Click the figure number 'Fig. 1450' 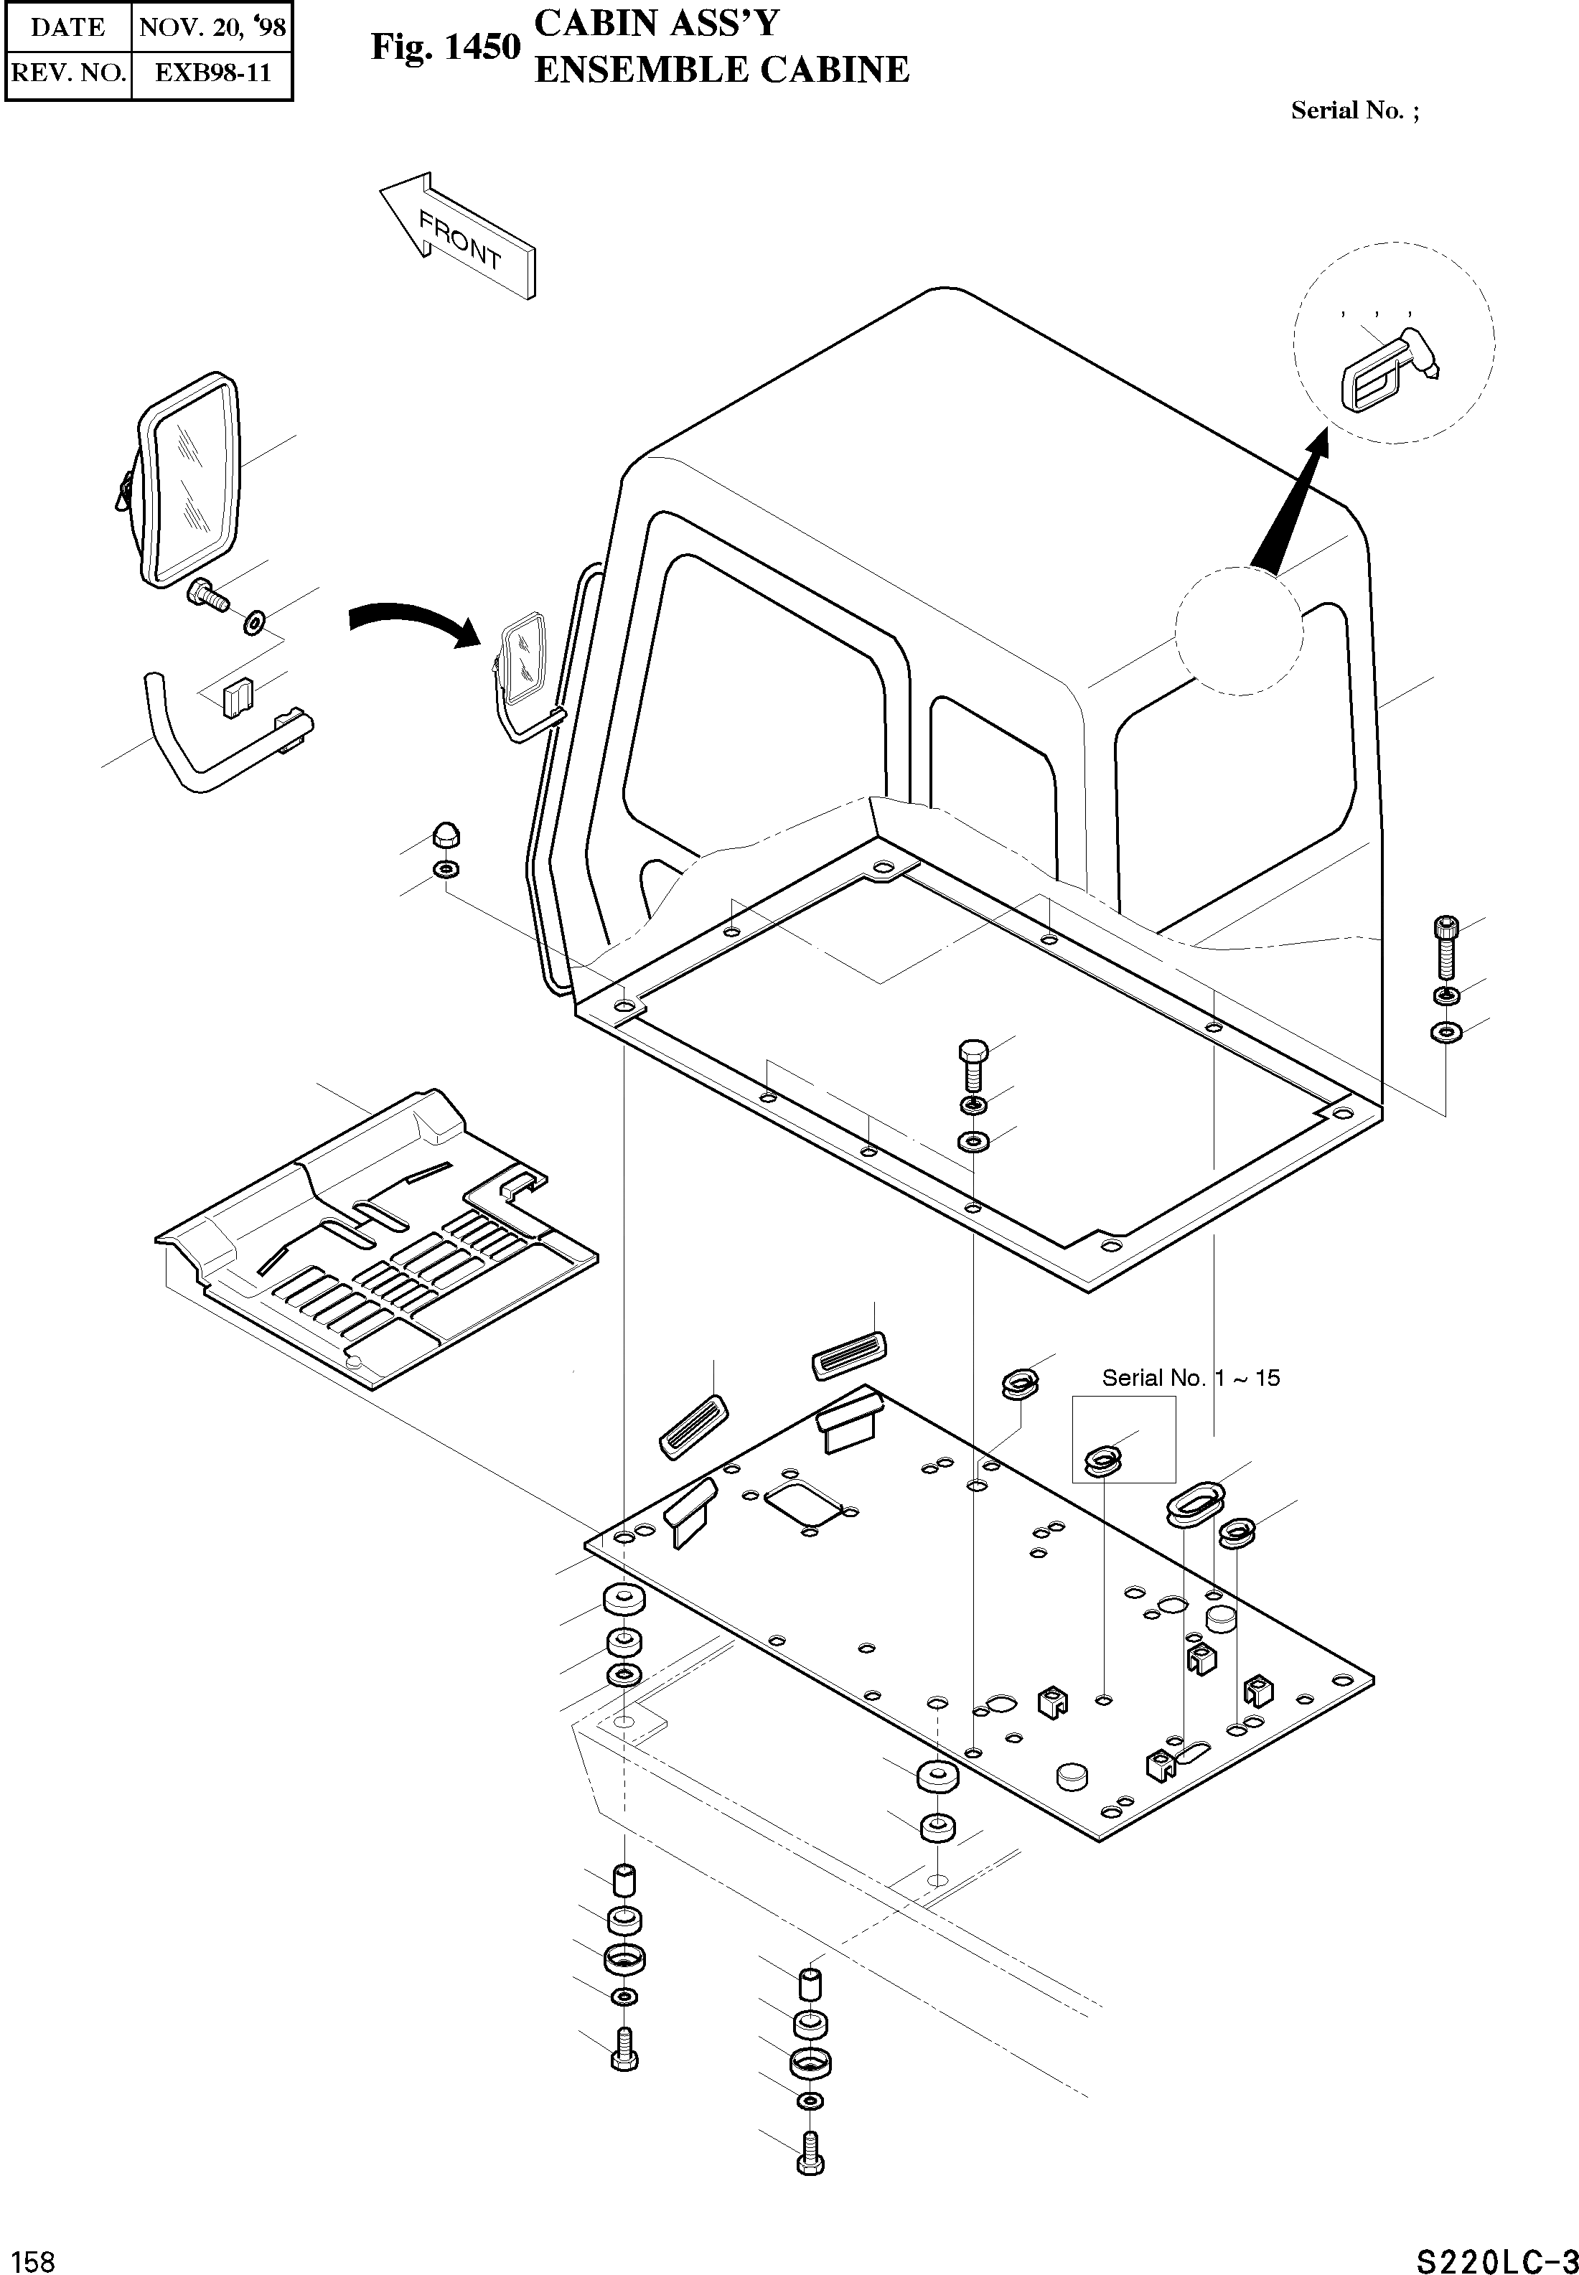(445, 47)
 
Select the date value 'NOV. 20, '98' (212, 27)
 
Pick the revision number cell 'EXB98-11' (212, 72)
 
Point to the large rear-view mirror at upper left (188, 479)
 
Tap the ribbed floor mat (376, 1242)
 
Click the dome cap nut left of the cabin (445, 837)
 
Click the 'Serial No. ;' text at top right (1354, 110)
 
